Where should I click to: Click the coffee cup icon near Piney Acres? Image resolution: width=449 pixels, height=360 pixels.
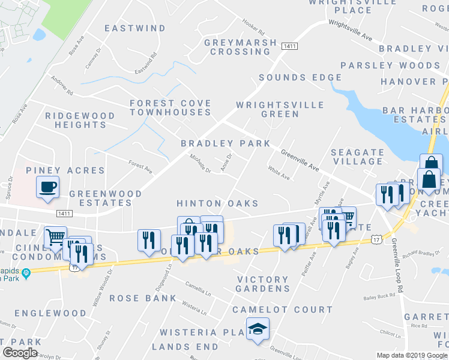(48, 187)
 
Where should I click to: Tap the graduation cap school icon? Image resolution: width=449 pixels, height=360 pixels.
(258, 329)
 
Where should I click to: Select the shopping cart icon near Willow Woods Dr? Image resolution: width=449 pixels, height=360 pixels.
(55, 237)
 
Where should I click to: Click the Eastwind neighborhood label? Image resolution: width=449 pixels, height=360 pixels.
(135, 28)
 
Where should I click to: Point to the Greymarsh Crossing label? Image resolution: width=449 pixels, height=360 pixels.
(241, 47)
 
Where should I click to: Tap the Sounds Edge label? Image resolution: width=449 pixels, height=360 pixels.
(300, 77)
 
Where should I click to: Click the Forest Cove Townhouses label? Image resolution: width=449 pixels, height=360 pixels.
(170, 108)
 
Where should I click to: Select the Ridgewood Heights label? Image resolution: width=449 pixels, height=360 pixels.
(80, 120)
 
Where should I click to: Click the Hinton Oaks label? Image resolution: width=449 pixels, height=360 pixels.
(217, 204)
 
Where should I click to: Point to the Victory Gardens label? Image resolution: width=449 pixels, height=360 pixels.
(263, 284)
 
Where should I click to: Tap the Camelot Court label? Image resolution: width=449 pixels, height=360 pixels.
(282, 310)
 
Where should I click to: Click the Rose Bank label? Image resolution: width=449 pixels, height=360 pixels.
(143, 298)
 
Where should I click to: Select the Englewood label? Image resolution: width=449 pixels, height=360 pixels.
(50, 313)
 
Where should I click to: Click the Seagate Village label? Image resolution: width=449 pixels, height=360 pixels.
(357, 157)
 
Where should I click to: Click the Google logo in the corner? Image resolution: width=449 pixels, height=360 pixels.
(20, 353)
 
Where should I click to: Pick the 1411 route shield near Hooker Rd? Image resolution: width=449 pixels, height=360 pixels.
(290, 46)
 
